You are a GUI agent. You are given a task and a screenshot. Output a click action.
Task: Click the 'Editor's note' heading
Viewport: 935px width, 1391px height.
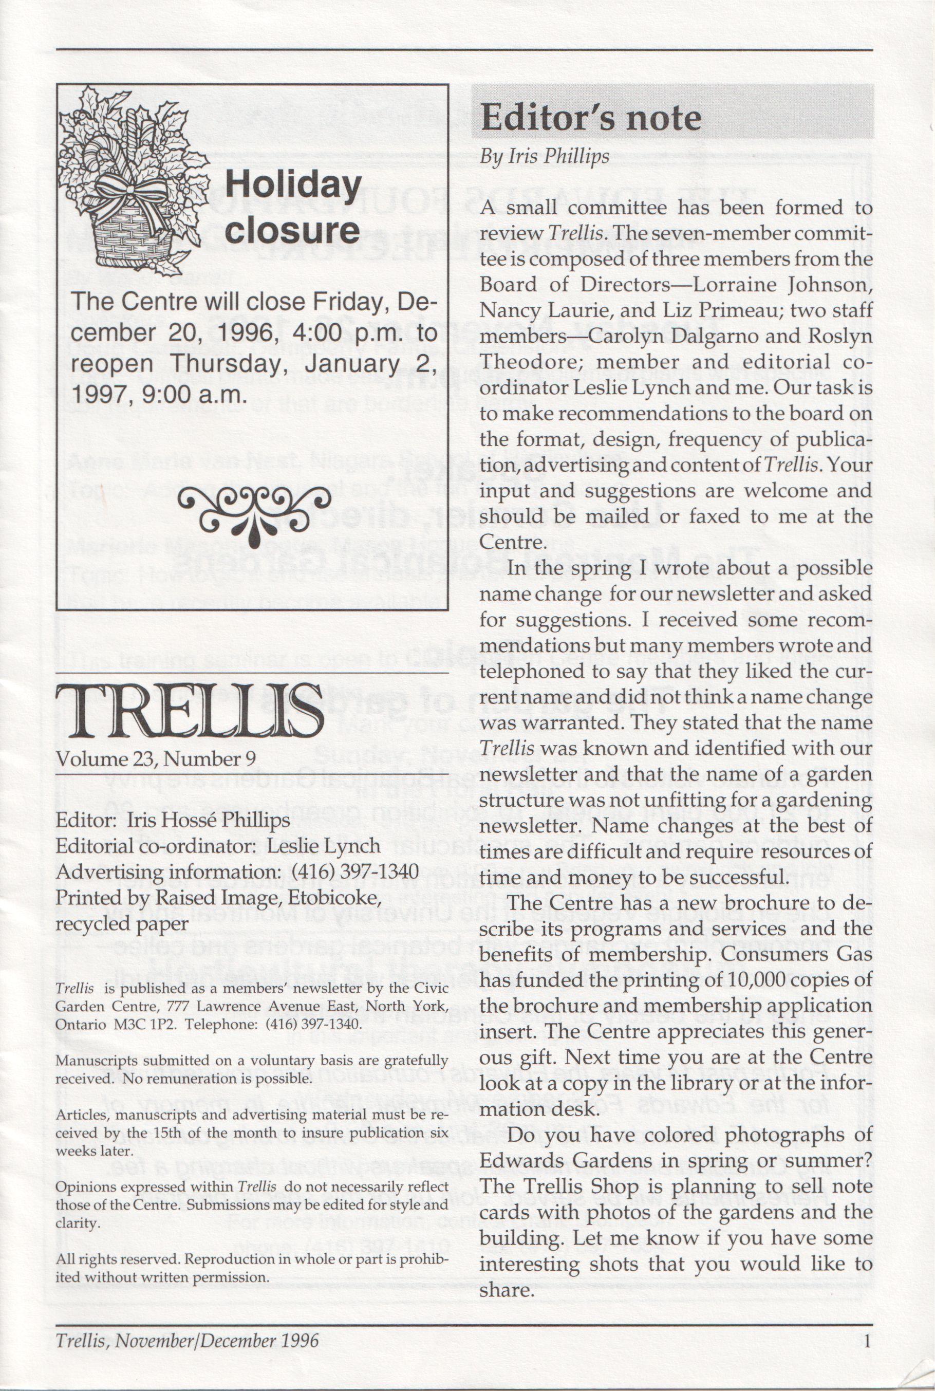pyautogui.click(x=590, y=118)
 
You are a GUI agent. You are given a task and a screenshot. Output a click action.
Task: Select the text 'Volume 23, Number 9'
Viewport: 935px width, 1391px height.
pyautogui.click(x=156, y=759)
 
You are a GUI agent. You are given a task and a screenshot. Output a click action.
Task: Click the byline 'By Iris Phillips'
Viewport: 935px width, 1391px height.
pyautogui.click(x=545, y=157)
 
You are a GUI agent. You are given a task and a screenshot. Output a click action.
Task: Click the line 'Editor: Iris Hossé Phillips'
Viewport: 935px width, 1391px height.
pyautogui.click(x=173, y=820)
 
